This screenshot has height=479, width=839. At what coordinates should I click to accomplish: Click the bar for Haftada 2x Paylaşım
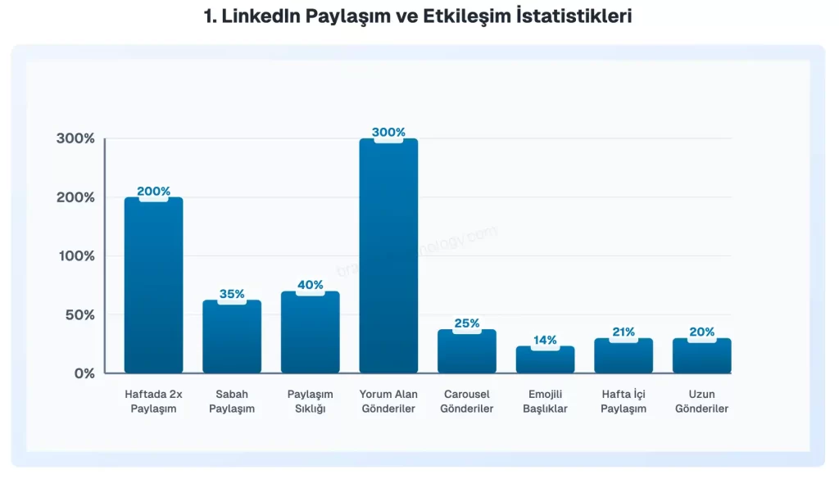point(153,287)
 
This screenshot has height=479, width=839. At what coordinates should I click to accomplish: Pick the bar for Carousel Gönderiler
point(467,352)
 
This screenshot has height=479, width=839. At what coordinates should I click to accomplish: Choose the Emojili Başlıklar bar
point(545,360)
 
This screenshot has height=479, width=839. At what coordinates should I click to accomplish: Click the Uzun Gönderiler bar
point(702,356)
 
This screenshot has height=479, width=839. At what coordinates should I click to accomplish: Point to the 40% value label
point(311,285)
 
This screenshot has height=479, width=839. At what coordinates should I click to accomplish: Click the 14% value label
point(545,340)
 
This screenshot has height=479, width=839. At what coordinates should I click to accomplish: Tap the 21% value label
point(624,332)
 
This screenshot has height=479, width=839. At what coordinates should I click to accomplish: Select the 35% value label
point(232,294)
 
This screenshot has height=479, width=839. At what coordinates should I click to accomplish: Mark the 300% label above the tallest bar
point(388,132)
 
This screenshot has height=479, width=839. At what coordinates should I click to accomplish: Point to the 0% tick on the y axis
point(84,373)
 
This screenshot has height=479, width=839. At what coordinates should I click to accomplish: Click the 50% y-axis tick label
point(80,314)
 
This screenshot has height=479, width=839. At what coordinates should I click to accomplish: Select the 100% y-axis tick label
point(76,255)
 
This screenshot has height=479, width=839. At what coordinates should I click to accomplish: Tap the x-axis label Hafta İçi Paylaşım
point(624,401)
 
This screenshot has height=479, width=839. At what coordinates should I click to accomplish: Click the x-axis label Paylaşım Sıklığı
point(311,401)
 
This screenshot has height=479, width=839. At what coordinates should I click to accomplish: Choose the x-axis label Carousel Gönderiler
point(467,401)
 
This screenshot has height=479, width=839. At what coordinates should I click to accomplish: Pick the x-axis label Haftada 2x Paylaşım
point(153,401)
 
